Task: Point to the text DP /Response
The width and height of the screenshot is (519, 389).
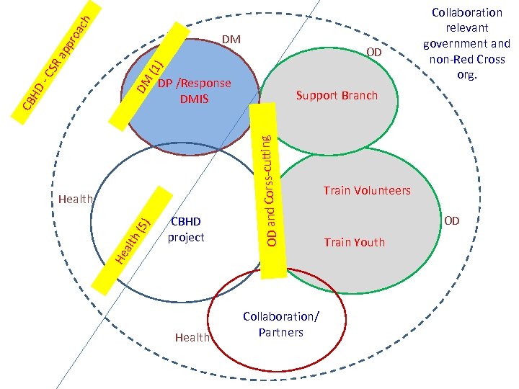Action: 195,84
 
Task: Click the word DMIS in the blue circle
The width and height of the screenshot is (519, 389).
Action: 194,99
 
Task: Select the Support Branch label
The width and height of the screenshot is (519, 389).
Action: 337,96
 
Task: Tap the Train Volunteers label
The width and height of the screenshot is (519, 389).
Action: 367,190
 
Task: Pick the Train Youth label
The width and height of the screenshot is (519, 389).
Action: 355,242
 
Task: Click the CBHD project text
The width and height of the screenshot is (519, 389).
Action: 186,229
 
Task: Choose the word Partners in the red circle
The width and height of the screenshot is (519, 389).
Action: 281,332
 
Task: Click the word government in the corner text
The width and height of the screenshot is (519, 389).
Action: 467,43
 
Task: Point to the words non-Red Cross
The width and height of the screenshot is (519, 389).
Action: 467,59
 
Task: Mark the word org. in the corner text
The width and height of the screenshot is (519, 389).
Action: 466,74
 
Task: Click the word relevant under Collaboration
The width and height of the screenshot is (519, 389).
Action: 467,28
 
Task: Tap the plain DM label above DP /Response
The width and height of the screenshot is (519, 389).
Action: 231,38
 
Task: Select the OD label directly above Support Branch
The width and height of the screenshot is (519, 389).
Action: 374,53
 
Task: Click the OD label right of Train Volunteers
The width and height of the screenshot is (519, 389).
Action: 451,220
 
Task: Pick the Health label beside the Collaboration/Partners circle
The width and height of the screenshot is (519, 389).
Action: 192,337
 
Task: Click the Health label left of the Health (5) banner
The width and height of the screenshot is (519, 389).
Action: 76,199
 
